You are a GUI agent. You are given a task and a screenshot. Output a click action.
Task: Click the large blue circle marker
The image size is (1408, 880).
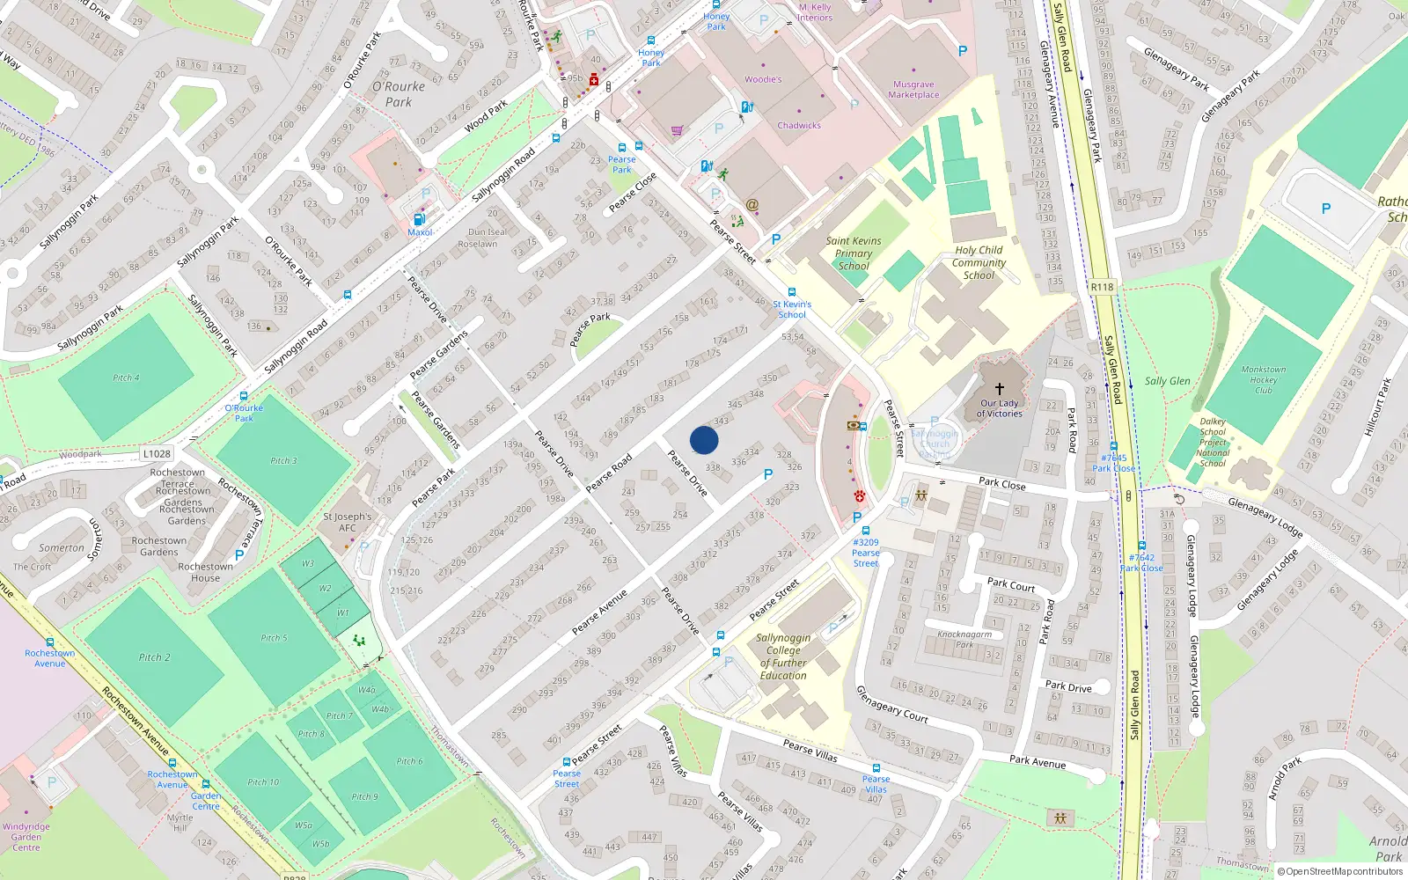[704, 440]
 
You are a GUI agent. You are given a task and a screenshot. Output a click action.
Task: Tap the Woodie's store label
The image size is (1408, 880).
[763, 79]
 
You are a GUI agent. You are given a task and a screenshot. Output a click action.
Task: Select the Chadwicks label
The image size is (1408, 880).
[799, 126]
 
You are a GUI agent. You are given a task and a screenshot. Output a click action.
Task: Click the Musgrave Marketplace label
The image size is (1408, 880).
[913, 90]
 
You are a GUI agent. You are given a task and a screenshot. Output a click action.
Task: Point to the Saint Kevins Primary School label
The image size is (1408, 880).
[853, 253]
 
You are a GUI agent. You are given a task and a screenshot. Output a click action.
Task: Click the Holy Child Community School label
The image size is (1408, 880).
[979, 262]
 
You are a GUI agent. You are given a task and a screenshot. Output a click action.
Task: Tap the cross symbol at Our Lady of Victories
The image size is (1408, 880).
[1000, 388]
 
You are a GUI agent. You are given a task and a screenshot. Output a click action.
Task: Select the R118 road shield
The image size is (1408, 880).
[1102, 287]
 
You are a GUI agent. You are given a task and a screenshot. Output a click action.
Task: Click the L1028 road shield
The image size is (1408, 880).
[157, 454]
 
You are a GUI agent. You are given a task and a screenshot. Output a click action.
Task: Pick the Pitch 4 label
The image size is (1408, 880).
[126, 378]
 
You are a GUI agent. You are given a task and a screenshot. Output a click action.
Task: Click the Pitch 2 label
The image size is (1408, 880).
[154, 657]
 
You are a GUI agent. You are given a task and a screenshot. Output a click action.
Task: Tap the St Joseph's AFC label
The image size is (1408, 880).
[347, 523]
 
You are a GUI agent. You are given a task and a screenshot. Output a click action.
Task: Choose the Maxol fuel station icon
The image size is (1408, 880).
[419, 219]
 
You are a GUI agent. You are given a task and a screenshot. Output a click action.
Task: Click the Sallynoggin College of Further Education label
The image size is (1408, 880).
[782, 656]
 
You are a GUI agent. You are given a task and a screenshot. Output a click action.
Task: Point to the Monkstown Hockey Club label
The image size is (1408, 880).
[1263, 379]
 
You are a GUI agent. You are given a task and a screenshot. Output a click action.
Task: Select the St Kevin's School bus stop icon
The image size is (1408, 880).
[792, 292]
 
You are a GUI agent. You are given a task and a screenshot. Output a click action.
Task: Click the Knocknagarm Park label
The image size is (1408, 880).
[964, 639]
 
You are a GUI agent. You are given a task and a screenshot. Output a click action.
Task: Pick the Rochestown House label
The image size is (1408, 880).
[205, 572]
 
